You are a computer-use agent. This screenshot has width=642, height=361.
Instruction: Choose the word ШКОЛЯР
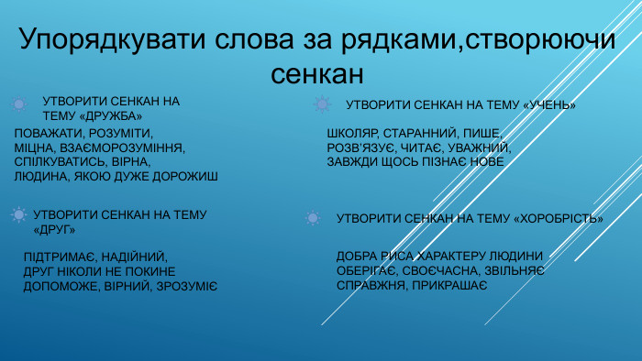click(x=352, y=134)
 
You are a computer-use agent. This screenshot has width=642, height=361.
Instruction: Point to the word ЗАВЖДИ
click(x=352, y=161)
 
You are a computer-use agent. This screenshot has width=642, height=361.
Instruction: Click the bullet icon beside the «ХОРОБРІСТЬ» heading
click(x=312, y=218)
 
